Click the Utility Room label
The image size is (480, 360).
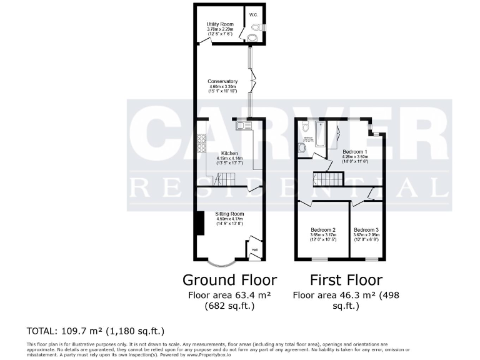point(219,24)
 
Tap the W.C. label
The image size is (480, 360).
point(254,14)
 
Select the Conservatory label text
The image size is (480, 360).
point(223,81)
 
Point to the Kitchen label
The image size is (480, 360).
point(229,153)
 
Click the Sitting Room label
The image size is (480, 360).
point(229,214)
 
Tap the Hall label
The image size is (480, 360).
point(255,251)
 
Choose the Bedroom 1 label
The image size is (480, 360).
point(355,152)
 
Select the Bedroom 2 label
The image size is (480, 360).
point(322,229)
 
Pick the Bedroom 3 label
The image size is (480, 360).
point(366,229)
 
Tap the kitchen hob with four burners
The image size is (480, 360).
point(201,144)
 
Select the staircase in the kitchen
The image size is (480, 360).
point(226,179)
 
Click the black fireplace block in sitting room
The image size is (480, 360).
point(199,224)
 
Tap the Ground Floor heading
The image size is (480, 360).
point(229,279)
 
